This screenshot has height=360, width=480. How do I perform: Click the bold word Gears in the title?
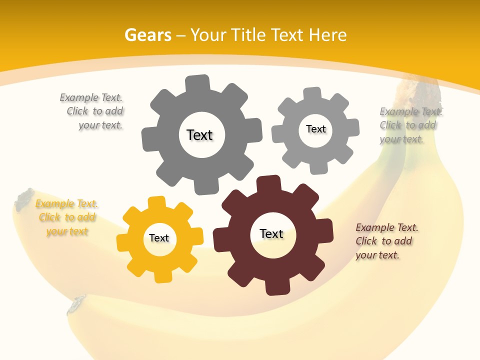click(147, 35)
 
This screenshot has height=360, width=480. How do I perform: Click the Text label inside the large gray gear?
click(199, 135)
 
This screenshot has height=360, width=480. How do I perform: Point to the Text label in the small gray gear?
click(315, 129)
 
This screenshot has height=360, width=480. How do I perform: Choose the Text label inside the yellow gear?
click(159, 238)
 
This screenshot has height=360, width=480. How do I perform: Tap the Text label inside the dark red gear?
click(271, 233)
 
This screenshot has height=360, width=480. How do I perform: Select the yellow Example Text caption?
click(67, 217)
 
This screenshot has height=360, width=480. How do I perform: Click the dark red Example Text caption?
click(386, 241)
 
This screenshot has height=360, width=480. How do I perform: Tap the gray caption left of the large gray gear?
click(92, 111)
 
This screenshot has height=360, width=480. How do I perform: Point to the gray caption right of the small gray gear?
click(410, 125)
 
